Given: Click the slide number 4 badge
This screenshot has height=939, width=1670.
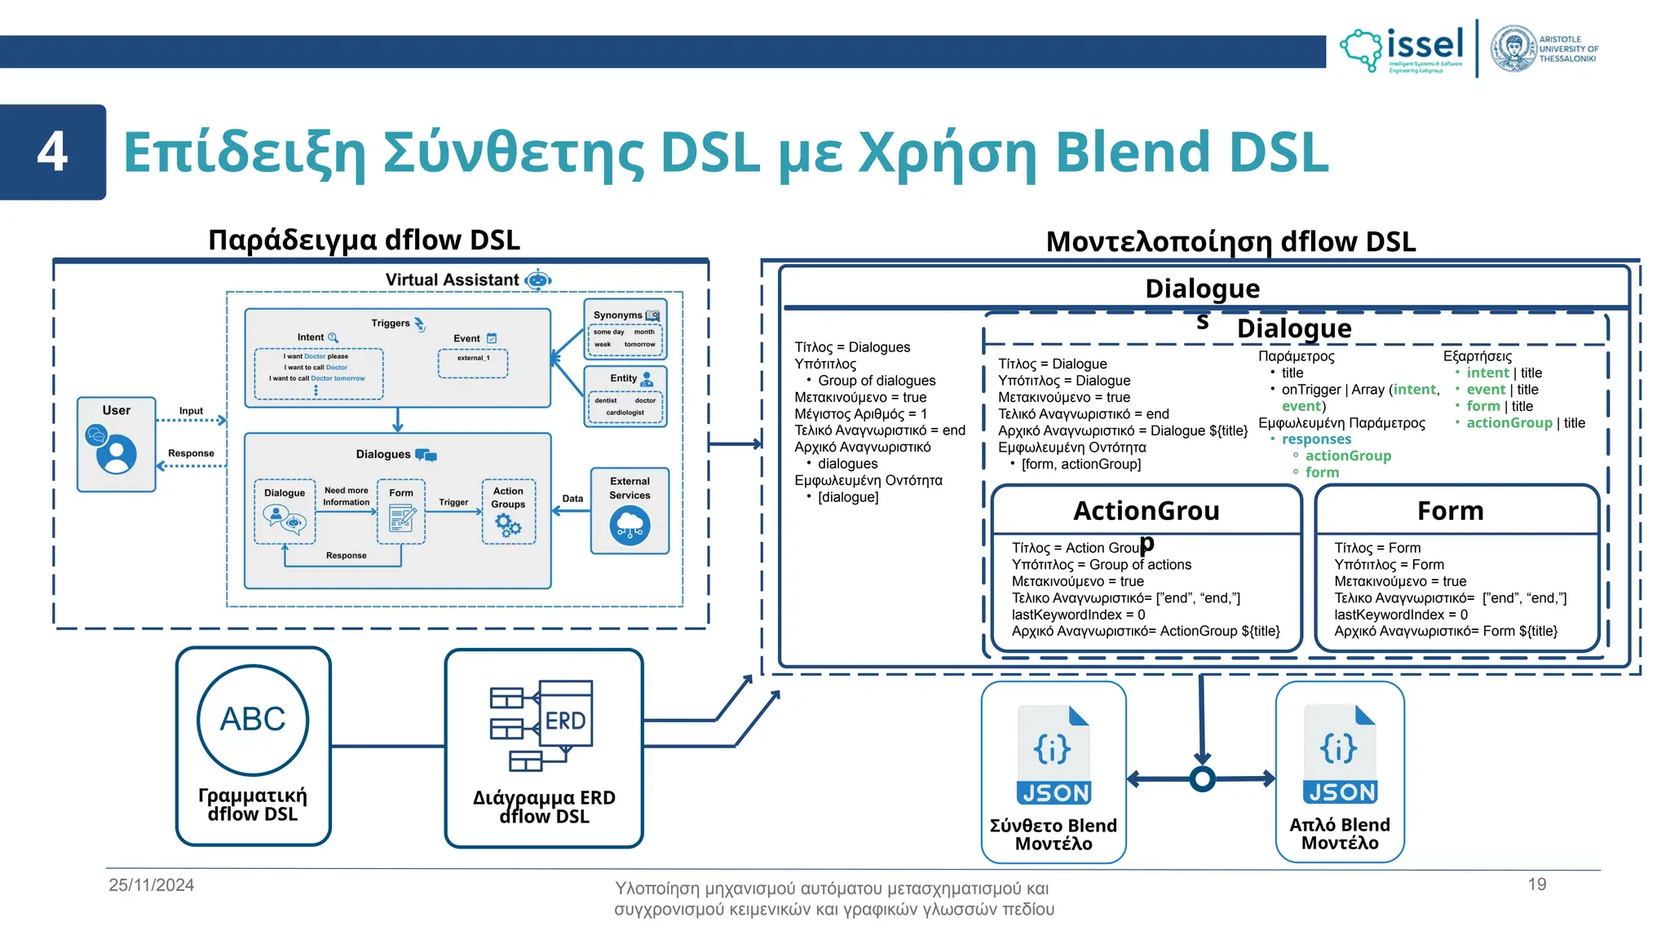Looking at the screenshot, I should coord(53,152).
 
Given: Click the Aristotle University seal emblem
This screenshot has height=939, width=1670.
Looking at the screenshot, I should coord(1513,49).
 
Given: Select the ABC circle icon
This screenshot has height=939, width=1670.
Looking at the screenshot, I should coord(253,720).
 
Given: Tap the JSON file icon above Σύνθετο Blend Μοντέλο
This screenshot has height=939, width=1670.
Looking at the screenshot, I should coord(1054,755).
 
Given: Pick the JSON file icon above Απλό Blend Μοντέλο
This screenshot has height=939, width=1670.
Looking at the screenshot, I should coord(1340,754).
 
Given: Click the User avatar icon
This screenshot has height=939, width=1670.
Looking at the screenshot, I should coord(116,454).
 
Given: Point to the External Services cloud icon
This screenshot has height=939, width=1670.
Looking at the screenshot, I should coord(630,526).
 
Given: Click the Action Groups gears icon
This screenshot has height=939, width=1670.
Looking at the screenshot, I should coord(508,525).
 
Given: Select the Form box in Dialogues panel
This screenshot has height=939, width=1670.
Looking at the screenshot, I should coord(401,511).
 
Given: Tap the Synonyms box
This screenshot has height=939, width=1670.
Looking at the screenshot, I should coord(625,329).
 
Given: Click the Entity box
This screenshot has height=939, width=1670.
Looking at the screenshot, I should coord(625,396).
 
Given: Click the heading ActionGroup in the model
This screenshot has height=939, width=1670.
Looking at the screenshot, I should coord(1146,511).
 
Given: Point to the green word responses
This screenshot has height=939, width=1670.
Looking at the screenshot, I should coord(1316,439).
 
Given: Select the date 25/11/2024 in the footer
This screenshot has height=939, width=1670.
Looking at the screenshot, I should coord(152,885).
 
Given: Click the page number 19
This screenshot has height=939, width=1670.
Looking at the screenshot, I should coord(1537,884).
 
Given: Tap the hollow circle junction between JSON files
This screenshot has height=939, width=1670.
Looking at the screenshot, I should coord(1202,779).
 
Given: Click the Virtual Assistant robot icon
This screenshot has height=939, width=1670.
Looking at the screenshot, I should coord(538,280).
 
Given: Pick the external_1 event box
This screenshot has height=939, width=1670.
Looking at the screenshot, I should coord(473,364).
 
